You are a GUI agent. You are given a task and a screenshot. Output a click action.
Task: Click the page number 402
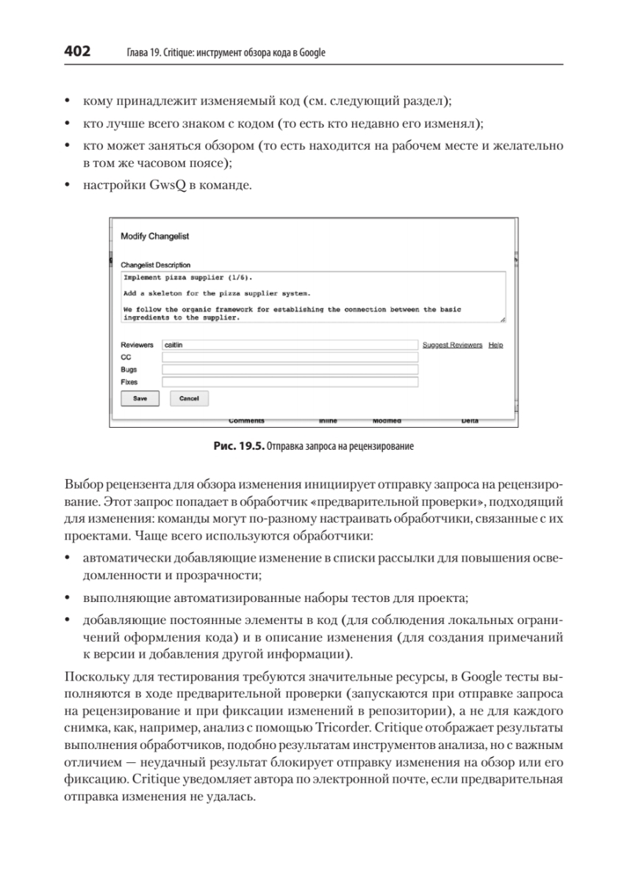pos(77,51)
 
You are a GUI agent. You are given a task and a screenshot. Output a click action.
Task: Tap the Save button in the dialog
pos(140,398)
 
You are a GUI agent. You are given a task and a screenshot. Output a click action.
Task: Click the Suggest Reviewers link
pos(452,345)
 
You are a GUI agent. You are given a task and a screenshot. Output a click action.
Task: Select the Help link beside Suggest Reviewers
pos(496,345)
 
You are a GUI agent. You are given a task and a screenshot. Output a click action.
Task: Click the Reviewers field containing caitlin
pos(290,345)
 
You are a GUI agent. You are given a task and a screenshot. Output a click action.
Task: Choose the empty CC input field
pos(290,357)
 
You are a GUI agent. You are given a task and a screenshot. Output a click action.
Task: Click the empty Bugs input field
pos(290,370)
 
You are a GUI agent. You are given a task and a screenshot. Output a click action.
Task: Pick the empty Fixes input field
pos(290,382)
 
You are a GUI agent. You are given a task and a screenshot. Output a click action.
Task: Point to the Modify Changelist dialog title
pos(154,237)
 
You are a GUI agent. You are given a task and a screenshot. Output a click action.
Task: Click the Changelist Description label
pos(155,265)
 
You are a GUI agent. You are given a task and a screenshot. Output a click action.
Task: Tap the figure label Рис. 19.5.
pos(237,446)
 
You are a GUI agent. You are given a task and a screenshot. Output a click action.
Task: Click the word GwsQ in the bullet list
pos(168,186)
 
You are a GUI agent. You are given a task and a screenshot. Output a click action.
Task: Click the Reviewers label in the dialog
pos(137,345)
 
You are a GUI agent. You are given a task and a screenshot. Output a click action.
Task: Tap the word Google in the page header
pos(312,53)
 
